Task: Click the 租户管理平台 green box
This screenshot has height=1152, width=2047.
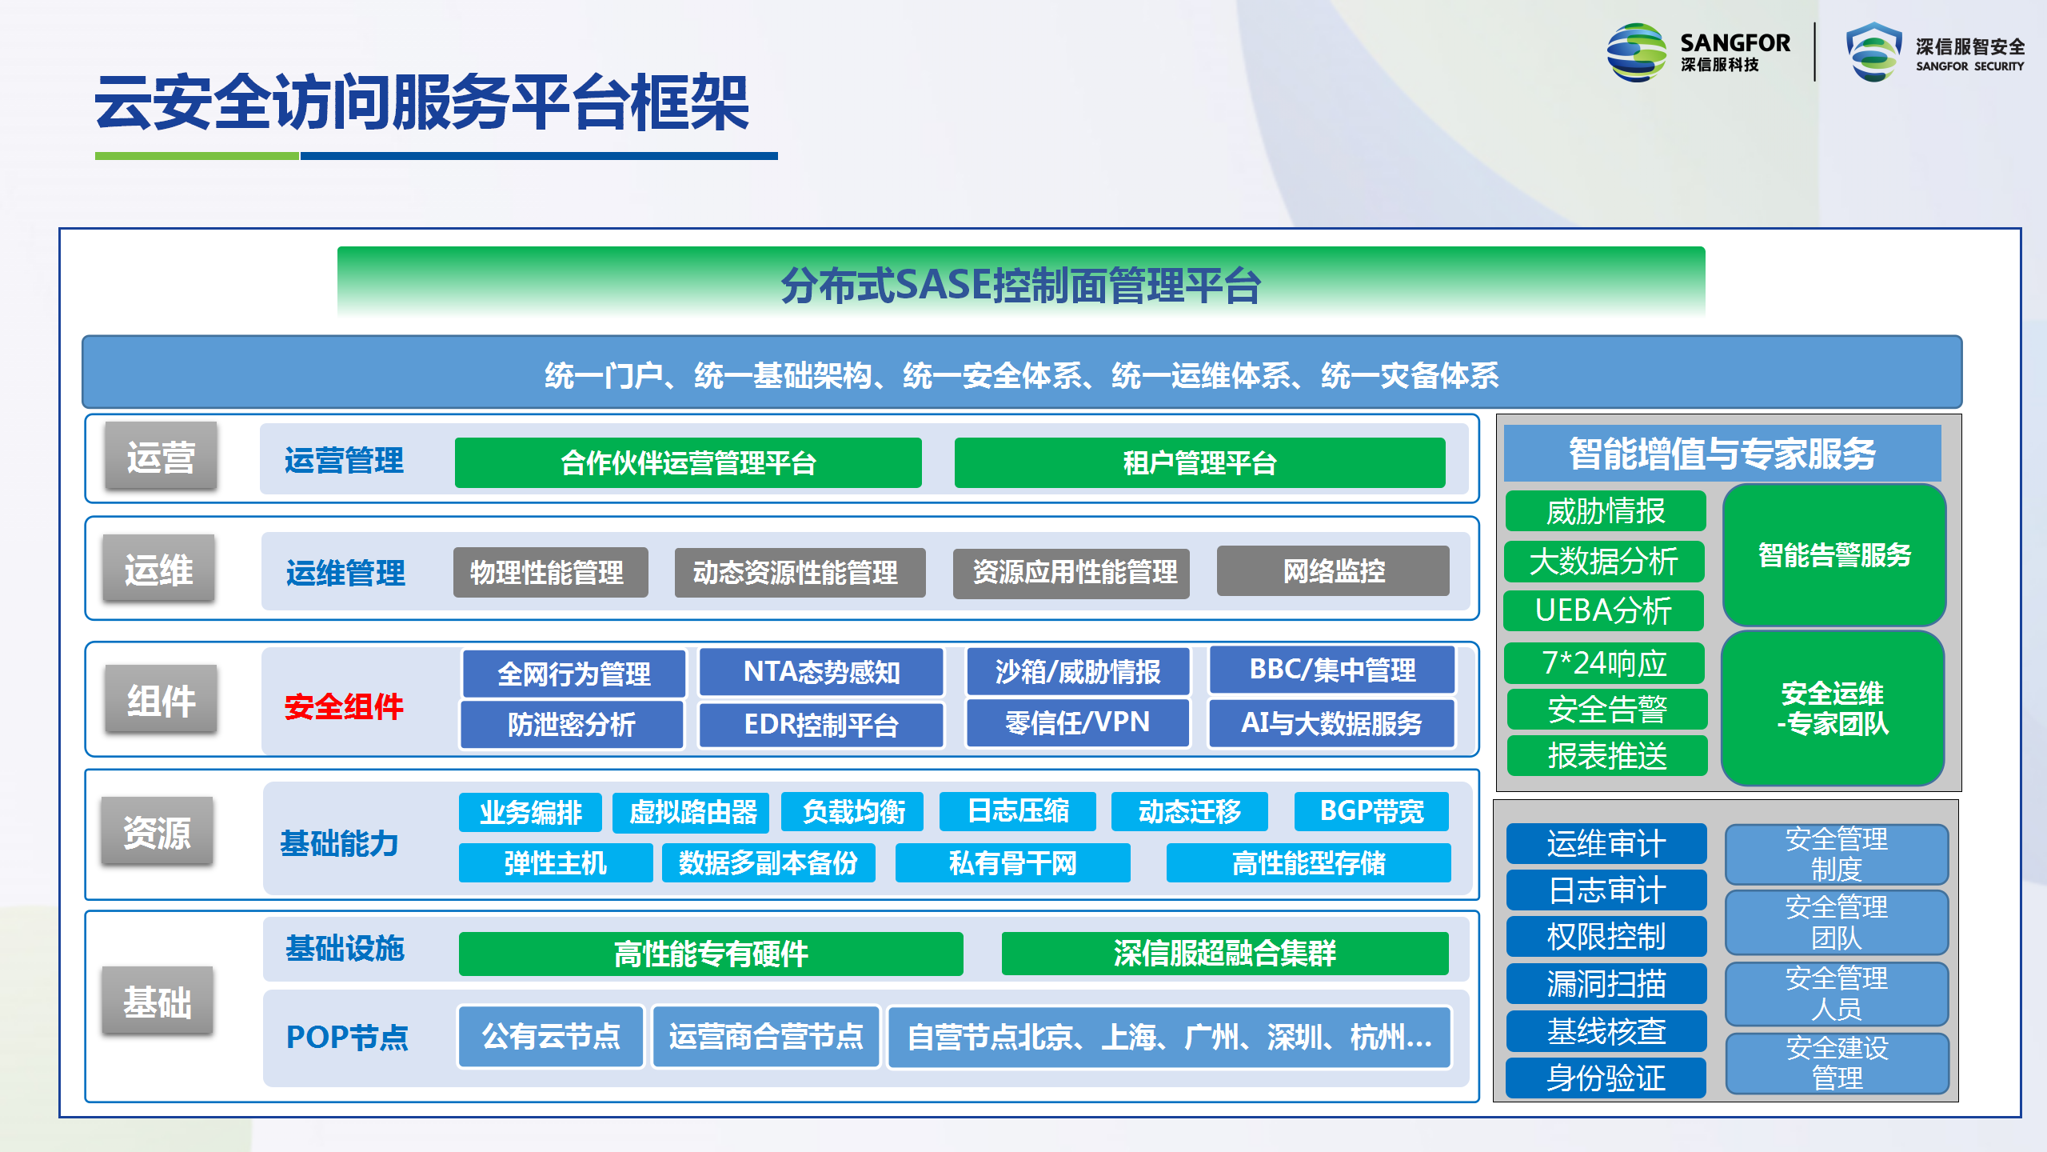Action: click(1199, 462)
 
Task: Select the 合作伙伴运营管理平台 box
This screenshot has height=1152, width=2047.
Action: click(688, 462)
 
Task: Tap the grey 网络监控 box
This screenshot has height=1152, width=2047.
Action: click(1333, 571)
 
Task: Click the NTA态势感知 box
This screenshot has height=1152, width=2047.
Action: click(821, 672)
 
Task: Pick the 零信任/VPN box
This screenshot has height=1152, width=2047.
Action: click(1077, 723)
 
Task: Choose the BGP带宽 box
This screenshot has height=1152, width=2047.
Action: click(1371, 811)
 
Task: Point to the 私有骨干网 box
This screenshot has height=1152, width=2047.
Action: click(1012, 863)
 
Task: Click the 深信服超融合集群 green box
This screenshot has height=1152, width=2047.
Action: click(1225, 954)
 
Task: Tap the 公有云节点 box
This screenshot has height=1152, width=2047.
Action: click(551, 1037)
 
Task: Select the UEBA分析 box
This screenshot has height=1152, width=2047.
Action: click(1604, 610)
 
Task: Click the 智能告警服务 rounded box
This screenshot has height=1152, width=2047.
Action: click(1834, 555)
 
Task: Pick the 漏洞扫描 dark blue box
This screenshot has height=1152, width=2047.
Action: click(1606, 983)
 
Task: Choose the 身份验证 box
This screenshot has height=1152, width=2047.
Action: click(1606, 1078)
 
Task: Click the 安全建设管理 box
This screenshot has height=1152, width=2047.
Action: click(1838, 1063)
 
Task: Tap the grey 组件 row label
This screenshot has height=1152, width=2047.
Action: click(161, 700)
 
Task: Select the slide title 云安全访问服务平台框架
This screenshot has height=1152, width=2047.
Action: click(421, 102)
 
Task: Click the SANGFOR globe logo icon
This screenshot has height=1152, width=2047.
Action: click(1636, 53)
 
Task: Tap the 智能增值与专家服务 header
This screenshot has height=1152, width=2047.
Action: click(1722, 454)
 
